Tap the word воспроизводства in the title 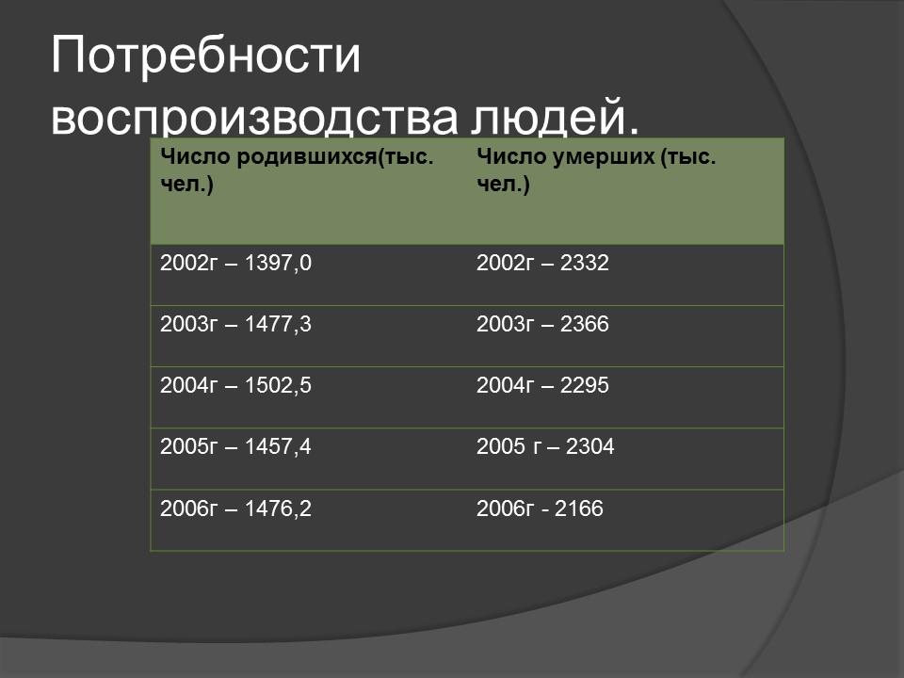pos(250,121)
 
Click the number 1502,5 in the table pos(278,385)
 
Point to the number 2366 pos(585,325)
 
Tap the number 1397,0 pos(278,264)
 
